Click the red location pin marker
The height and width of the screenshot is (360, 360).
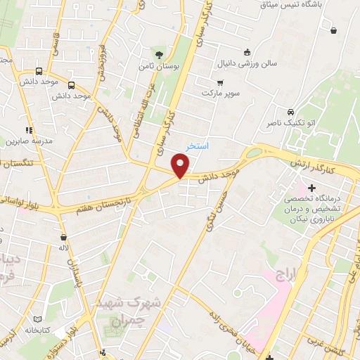coord(181,166)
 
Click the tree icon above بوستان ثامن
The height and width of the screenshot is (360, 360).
coord(160,53)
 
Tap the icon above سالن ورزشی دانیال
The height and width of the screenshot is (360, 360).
coord(246,51)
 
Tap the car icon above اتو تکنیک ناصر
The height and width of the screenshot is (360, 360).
coord(290,111)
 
